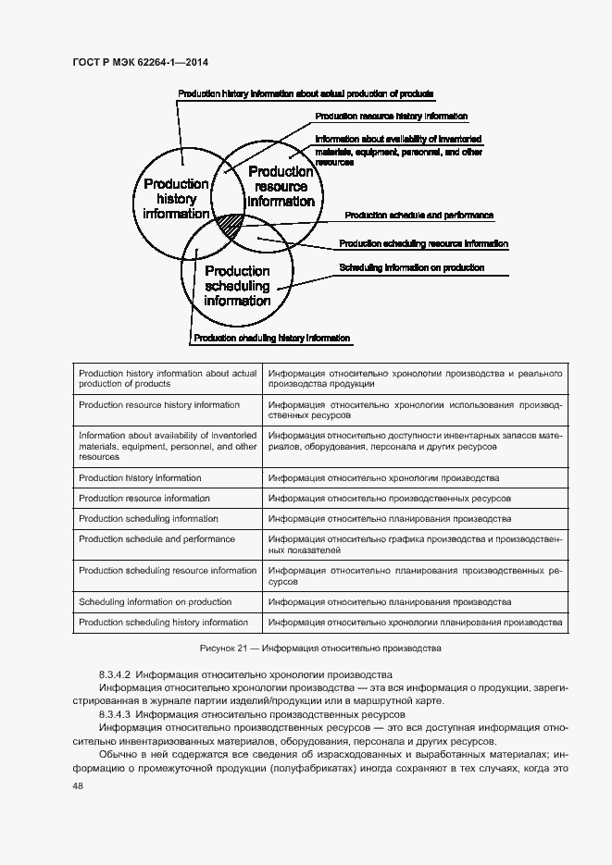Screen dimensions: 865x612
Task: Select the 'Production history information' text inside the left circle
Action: point(176,198)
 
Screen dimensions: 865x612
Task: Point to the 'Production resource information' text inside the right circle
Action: point(281,186)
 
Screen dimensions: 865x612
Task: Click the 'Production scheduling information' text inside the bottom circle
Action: point(237,285)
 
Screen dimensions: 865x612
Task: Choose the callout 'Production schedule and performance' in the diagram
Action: point(418,215)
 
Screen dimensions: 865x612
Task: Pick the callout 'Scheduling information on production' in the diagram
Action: point(411,267)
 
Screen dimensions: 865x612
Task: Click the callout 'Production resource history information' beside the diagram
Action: point(391,117)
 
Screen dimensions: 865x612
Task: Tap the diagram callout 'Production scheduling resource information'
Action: point(423,243)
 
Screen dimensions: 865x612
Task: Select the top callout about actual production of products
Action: point(306,93)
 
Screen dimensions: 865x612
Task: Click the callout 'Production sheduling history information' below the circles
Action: point(270,339)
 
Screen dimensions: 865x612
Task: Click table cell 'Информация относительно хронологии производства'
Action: point(383,478)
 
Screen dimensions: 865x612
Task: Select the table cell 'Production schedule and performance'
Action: point(156,539)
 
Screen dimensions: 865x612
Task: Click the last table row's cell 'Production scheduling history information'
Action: point(163,623)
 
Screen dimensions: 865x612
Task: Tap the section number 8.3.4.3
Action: point(115,714)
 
